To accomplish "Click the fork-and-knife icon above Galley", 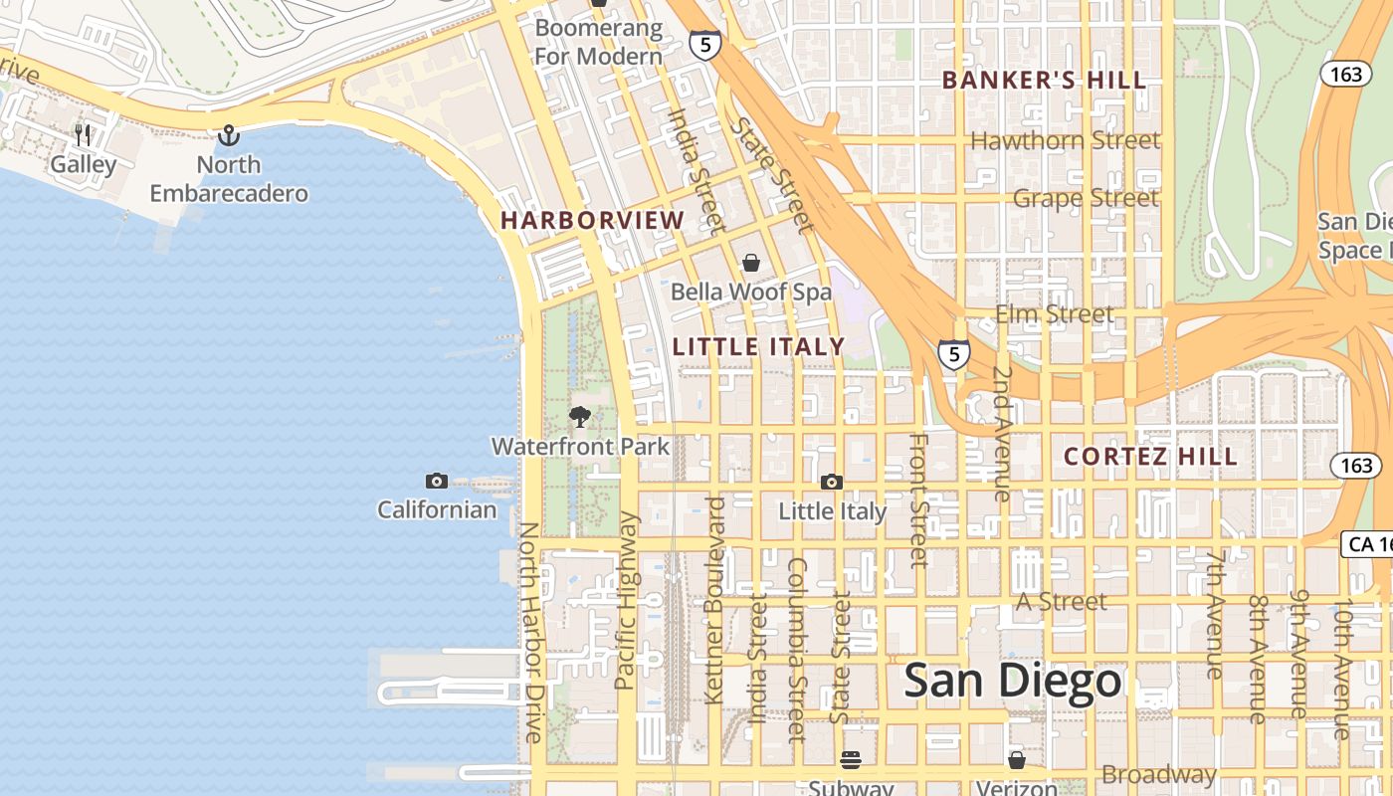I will [x=84, y=134].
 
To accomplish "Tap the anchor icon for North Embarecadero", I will [x=229, y=134].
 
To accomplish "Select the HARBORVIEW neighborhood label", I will [x=593, y=221].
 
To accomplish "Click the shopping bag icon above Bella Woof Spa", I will [x=751, y=263].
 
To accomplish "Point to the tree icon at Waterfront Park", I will [x=580, y=417].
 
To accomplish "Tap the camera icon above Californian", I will [x=436, y=482].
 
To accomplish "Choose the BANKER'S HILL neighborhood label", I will [x=1044, y=81].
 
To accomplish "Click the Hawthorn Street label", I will [x=1065, y=141].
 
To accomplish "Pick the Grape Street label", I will [x=1086, y=198].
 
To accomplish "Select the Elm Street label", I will [x=1055, y=315].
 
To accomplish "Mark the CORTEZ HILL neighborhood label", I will [x=1150, y=457].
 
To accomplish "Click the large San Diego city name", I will [x=1013, y=682].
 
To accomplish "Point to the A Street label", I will [x=1061, y=602].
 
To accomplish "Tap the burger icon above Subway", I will [x=851, y=760].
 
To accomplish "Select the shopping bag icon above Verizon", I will [x=1016, y=760].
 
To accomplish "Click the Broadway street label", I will [x=1158, y=774].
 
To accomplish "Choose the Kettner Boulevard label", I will [x=714, y=600].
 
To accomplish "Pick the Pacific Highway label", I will [x=626, y=600].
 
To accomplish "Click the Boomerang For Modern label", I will [x=598, y=42].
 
